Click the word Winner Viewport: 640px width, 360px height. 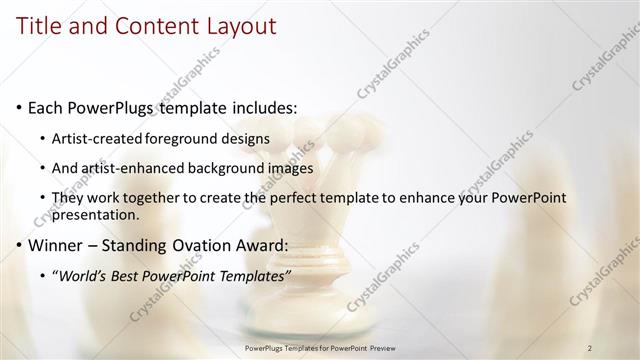58,245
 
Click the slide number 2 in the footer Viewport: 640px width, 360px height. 590,348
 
